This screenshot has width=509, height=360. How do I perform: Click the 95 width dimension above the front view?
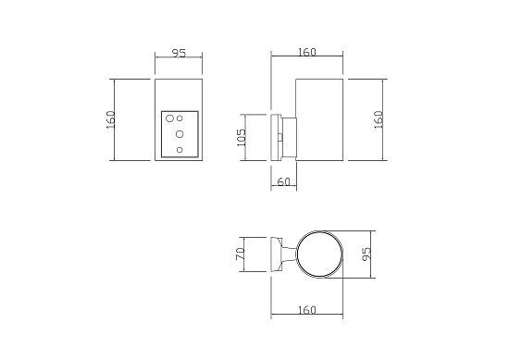click(179, 54)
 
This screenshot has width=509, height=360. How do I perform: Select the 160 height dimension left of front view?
click(110, 120)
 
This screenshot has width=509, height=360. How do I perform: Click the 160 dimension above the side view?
click(307, 53)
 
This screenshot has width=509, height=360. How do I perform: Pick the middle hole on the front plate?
click(180, 134)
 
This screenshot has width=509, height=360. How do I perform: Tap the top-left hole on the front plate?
click(171, 118)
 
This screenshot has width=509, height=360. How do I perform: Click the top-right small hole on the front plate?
click(181, 118)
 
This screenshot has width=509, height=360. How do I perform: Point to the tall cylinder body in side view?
click(319, 120)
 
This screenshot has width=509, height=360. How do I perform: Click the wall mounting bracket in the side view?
click(277, 138)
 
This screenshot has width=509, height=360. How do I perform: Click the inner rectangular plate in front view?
click(180, 134)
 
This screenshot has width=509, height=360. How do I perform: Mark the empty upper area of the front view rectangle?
click(179, 94)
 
